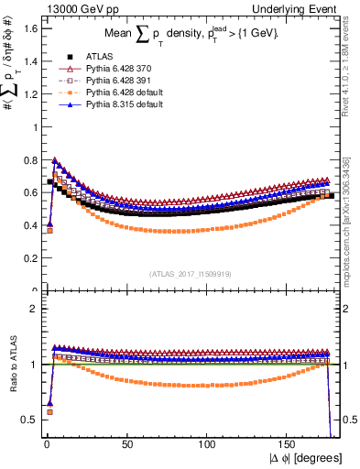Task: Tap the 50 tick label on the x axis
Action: [126, 444]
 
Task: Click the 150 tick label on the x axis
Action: [289, 444]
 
